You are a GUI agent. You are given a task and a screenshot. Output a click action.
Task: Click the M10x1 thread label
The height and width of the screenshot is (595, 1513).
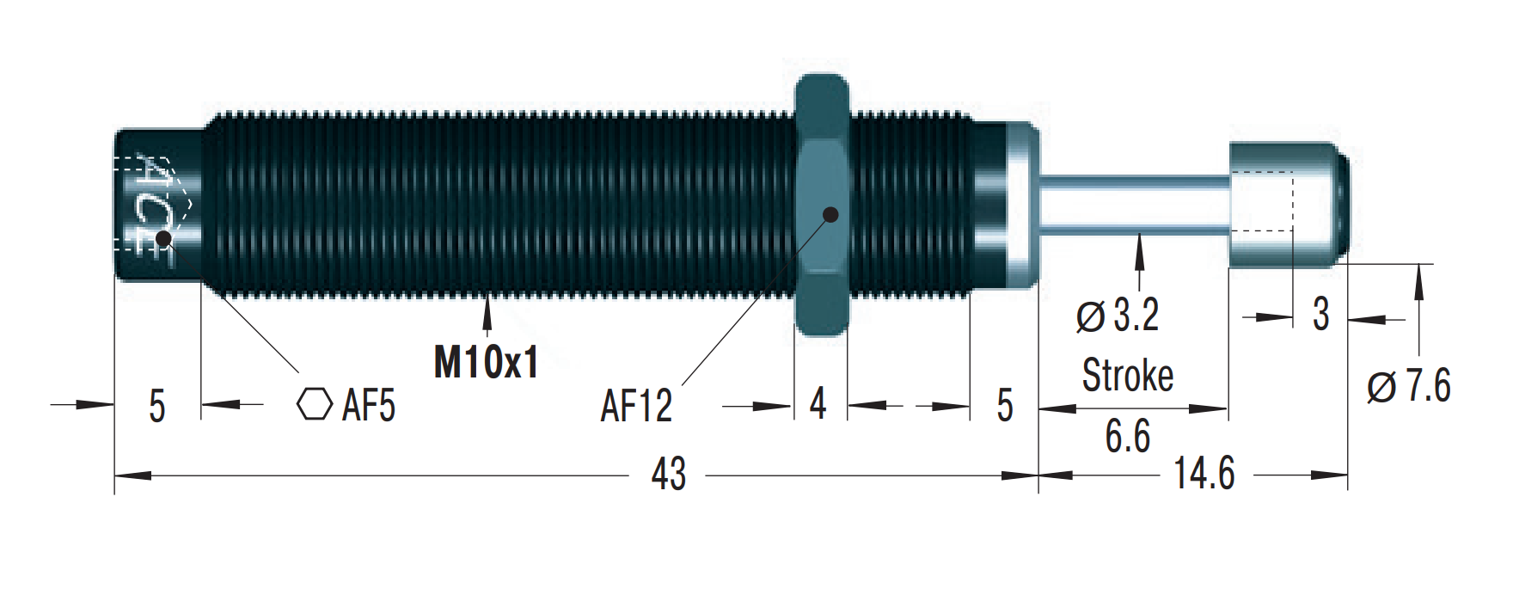coord(486,362)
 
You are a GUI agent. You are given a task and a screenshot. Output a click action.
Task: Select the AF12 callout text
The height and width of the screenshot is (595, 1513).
coord(636,405)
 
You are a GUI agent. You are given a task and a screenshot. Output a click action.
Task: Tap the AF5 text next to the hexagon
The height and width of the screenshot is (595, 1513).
coord(369,405)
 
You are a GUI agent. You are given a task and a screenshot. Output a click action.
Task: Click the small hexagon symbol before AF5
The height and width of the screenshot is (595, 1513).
coord(315,404)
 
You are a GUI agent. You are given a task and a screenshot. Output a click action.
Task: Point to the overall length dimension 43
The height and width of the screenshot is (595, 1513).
coord(669,474)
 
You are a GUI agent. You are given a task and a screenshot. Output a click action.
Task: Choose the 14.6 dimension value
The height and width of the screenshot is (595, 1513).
coord(1204,474)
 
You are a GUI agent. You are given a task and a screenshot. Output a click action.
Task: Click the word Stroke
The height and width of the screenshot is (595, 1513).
coord(1128,376)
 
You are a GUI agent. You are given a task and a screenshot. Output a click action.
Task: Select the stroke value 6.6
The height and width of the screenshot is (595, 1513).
coord(1128,436)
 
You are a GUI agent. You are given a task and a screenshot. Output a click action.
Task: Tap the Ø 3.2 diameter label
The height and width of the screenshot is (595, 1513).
coord(1118,315)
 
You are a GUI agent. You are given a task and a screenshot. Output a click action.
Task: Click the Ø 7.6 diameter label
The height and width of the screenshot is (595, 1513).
coord(1409,385)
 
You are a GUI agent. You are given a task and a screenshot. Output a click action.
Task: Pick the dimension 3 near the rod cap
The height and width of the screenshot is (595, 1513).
coord(1321,315)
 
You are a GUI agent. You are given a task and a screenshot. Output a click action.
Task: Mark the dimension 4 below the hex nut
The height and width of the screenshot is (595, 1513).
coord(818,403)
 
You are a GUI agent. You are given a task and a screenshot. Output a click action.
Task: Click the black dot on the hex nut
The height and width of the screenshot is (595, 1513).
coord(830,214)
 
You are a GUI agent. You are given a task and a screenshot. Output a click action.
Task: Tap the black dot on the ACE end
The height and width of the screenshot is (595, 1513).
coord(162,237)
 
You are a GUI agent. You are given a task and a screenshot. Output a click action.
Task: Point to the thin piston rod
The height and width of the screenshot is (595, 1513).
coord(1135,205)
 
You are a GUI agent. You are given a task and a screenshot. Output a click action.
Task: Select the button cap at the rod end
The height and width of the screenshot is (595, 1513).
coord(1288,205)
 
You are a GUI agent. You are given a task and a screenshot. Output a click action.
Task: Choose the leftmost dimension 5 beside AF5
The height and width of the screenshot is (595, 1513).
coord(156,406)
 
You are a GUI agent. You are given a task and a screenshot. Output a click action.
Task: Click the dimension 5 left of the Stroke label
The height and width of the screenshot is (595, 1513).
coord(1005,405)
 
